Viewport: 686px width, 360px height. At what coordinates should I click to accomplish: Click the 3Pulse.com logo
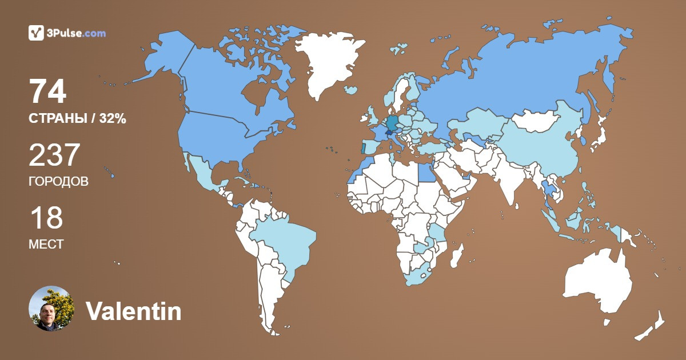pyautogui.click(x=67, y=33)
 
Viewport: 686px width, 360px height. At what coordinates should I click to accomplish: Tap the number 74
pyautogui.click(x=47, y=92)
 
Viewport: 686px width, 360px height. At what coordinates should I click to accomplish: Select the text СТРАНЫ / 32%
pyautogui.click(x=77, y=119)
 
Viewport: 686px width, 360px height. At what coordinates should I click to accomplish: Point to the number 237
pyautogui.click(x=55, y=155)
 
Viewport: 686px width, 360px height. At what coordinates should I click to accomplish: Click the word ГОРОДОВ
pyautogui.click(x=58, y=182)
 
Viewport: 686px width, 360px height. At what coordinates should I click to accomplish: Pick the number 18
pyautogui.click(x=46, y=218)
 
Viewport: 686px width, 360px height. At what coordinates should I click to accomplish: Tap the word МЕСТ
pyautogui.click(x=46, y=245)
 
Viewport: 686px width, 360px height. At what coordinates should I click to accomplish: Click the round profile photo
pyautogui.click(x=51, y=309)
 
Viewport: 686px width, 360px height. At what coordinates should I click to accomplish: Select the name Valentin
pyautogui.click(x=134, y=311)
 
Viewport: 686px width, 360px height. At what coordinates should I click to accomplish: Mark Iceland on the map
pyautogui.click(x=350, y=90)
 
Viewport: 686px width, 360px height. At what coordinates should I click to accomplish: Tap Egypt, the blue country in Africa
pyautogui.click(x=425, y=172)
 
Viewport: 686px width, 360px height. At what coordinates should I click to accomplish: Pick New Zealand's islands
pyautogui.click(x=652, y=326)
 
